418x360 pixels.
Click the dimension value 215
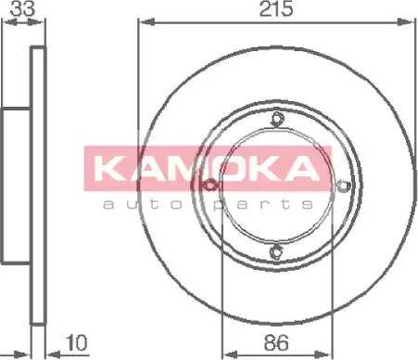[x=276, y=8]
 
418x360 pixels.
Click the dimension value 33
[x=22, y=8]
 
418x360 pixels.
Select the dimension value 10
[x=77, y=342]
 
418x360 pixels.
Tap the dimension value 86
[x=276, y=342]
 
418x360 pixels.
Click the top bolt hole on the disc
[x=276, y=118]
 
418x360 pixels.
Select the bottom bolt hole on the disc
[x=276, y=251]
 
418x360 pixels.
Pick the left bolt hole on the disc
[x=209, y=186]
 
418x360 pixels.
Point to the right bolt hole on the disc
[x=342, y=186]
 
